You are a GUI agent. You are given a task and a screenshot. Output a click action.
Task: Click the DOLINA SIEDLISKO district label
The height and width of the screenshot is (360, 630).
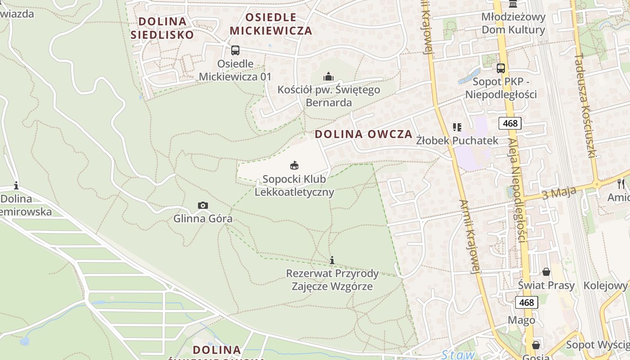click(162, 28)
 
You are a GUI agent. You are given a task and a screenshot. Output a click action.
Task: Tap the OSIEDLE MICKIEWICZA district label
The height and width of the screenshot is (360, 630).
click(271, 24)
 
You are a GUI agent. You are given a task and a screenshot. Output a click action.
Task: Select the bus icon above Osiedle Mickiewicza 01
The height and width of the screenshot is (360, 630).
click(235, 50)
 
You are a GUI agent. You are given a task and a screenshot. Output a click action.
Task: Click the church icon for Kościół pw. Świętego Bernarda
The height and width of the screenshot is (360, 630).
click(329, 76)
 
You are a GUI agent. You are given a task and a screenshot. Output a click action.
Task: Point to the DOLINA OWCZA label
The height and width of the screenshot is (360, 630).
click(363, 134)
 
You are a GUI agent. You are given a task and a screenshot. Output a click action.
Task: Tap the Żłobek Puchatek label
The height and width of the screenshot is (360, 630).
click(457, 140)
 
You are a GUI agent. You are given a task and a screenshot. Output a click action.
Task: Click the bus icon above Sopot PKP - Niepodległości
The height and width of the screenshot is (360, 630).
click(500, 68)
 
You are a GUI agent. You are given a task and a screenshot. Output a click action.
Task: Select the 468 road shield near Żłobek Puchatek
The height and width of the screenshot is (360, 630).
click(510, 123)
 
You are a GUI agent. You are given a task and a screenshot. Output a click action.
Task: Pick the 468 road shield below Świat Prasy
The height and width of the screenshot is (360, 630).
click(526, 302)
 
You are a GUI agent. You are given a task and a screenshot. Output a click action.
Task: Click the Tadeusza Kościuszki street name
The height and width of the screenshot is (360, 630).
click(585, 106)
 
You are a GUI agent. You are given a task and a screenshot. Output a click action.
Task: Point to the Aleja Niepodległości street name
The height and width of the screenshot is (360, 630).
click(517, 189)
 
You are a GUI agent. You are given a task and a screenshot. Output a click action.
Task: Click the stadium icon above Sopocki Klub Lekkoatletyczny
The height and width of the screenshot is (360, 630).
click(294, 166)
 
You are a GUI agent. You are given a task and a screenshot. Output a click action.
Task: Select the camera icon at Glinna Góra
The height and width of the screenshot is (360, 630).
click(203, 206)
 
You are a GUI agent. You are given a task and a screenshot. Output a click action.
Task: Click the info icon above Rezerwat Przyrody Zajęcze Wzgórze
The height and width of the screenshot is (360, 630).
click(332, 260)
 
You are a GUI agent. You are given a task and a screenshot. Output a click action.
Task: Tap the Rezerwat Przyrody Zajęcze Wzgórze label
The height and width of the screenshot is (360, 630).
click(333, 280)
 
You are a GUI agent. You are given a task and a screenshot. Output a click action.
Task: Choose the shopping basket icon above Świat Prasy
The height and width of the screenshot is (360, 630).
click(546, 272)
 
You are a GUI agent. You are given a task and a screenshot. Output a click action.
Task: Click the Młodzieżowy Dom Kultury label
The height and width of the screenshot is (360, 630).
click(513, 23)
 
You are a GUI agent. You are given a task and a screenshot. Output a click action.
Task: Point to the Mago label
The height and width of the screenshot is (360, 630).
click(522, 320)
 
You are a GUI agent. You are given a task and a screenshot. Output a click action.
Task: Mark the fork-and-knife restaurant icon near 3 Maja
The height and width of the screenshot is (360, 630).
click(621, 184)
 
